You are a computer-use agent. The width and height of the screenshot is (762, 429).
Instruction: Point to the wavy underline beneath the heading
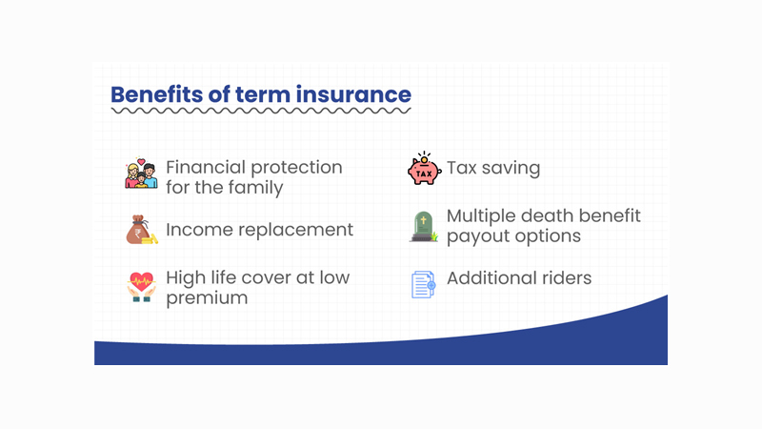click(x=260, y=112)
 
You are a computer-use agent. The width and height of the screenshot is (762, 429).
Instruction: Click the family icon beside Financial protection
click(x=141, y=174)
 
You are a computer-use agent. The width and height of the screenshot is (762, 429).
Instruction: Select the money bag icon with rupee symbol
click(x=141, y=230)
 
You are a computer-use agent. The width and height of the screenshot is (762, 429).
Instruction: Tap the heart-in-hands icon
click(x=141, y=286)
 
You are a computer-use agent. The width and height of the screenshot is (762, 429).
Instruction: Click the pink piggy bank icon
click(x=422, y=169)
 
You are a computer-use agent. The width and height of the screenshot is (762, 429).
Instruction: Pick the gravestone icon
click(x=423, y=226)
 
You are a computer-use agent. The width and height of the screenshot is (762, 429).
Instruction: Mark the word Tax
click(x=463, y=169)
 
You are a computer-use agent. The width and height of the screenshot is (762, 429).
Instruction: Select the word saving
click(x=512, y=169)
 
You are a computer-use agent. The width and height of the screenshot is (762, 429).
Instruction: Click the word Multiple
click(x=483, y=215)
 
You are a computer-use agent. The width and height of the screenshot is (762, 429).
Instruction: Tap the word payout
click(x=478, y=236)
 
